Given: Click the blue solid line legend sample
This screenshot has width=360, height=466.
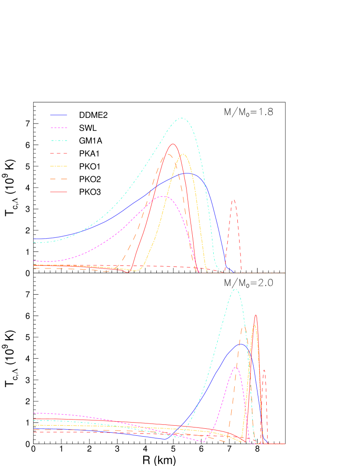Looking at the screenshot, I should [58, 115].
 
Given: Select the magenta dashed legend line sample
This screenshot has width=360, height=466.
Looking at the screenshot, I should [58, 128].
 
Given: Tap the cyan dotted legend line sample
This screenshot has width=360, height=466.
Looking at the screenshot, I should [58, 141].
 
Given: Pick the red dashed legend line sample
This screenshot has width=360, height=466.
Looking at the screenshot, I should [58, 153].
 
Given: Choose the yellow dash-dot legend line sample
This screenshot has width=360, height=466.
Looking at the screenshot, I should [58, 166].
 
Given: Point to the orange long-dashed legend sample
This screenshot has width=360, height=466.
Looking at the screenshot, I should [58, 179].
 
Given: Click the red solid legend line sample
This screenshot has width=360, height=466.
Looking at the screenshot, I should [58, 192].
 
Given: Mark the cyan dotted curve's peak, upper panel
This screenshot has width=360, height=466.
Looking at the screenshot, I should [182, 118].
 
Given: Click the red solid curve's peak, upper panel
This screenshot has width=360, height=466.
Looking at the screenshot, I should [173, 144].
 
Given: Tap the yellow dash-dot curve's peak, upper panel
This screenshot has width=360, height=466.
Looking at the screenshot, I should [183, 155].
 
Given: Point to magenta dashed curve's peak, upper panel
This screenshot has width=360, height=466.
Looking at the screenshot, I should [164, 196].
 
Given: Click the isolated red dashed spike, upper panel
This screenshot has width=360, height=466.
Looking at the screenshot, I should [233, 200].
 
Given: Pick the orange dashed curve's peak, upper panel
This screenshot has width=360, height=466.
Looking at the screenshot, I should [168, 154].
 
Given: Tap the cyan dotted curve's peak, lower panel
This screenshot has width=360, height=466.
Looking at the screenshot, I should [236, 289].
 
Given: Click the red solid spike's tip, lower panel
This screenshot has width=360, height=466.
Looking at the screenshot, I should [256, 315].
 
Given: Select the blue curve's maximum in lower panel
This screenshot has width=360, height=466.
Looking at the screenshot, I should [240, 344].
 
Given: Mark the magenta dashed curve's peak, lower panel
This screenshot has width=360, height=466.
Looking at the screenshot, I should [236, 367].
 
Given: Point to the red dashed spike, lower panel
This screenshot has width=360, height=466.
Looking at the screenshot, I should [264, 370].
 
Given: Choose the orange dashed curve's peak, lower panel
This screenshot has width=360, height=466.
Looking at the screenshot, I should [244, 328].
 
